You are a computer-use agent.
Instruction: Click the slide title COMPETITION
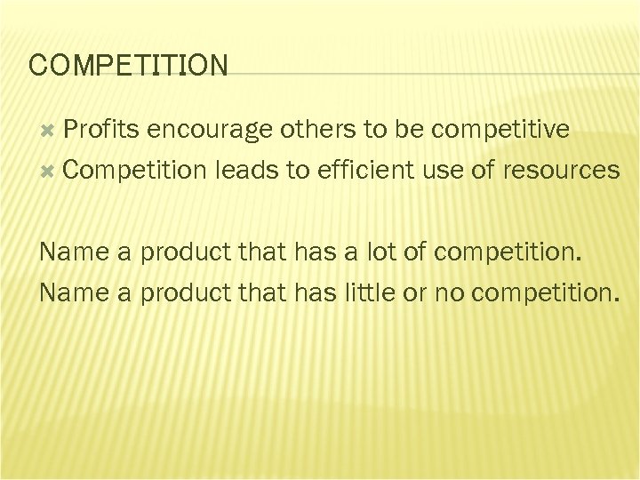click(x=128, y=65)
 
